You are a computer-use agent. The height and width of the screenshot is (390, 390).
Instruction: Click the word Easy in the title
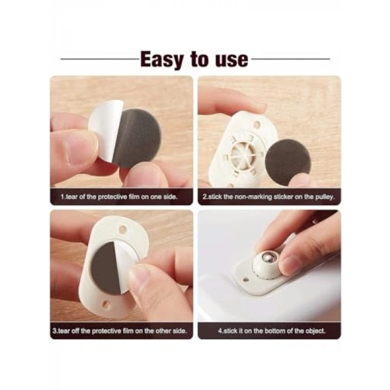pos(162,60)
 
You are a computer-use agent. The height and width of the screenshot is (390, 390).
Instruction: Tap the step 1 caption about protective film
pos(119,197)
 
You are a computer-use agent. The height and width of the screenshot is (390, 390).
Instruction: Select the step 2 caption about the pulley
pos(269,197)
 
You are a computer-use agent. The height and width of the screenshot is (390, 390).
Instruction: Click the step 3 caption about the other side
pos(120,331)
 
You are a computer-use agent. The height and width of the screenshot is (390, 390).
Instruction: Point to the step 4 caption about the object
pos(272,331)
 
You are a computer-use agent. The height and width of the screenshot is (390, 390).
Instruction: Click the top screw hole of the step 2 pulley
pos(257,123)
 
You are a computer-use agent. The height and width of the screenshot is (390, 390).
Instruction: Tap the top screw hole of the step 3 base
pos(123,229)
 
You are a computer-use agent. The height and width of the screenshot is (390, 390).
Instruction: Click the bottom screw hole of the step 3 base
pos(105,304)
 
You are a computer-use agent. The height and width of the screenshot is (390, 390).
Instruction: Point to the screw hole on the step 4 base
pos(246,280)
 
